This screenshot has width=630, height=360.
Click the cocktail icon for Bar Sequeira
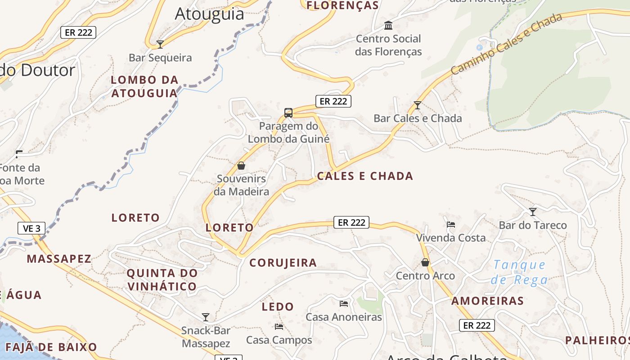click(160, 44)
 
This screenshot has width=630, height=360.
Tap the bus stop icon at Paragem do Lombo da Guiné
click(288, 112)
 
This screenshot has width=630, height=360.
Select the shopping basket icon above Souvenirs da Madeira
click(241, 166)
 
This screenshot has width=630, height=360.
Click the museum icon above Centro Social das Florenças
click(388, 25)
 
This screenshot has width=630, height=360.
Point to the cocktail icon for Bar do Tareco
click(533, 211)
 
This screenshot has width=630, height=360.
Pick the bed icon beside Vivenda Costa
click(451, 224)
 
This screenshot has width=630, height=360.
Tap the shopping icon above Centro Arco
click(425, 262)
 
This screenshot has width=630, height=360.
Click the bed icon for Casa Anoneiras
click(344, 304)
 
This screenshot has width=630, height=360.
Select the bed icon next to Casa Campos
click(279, 327)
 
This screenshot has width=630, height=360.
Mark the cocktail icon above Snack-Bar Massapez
click(206, 317)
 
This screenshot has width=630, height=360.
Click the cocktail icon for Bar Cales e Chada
click(418, 105)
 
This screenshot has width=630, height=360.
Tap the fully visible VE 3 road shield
click(31, 228)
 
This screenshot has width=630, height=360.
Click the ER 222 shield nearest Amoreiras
click(477, 325)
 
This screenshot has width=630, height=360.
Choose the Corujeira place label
click(283, 263)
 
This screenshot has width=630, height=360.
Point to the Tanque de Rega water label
click(520, 272)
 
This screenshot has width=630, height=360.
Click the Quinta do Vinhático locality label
click(162, 279)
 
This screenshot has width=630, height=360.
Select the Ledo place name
click(278, 307)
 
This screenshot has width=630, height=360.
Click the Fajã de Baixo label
click(51, 347)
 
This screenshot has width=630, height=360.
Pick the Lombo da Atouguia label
click(144, 86)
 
